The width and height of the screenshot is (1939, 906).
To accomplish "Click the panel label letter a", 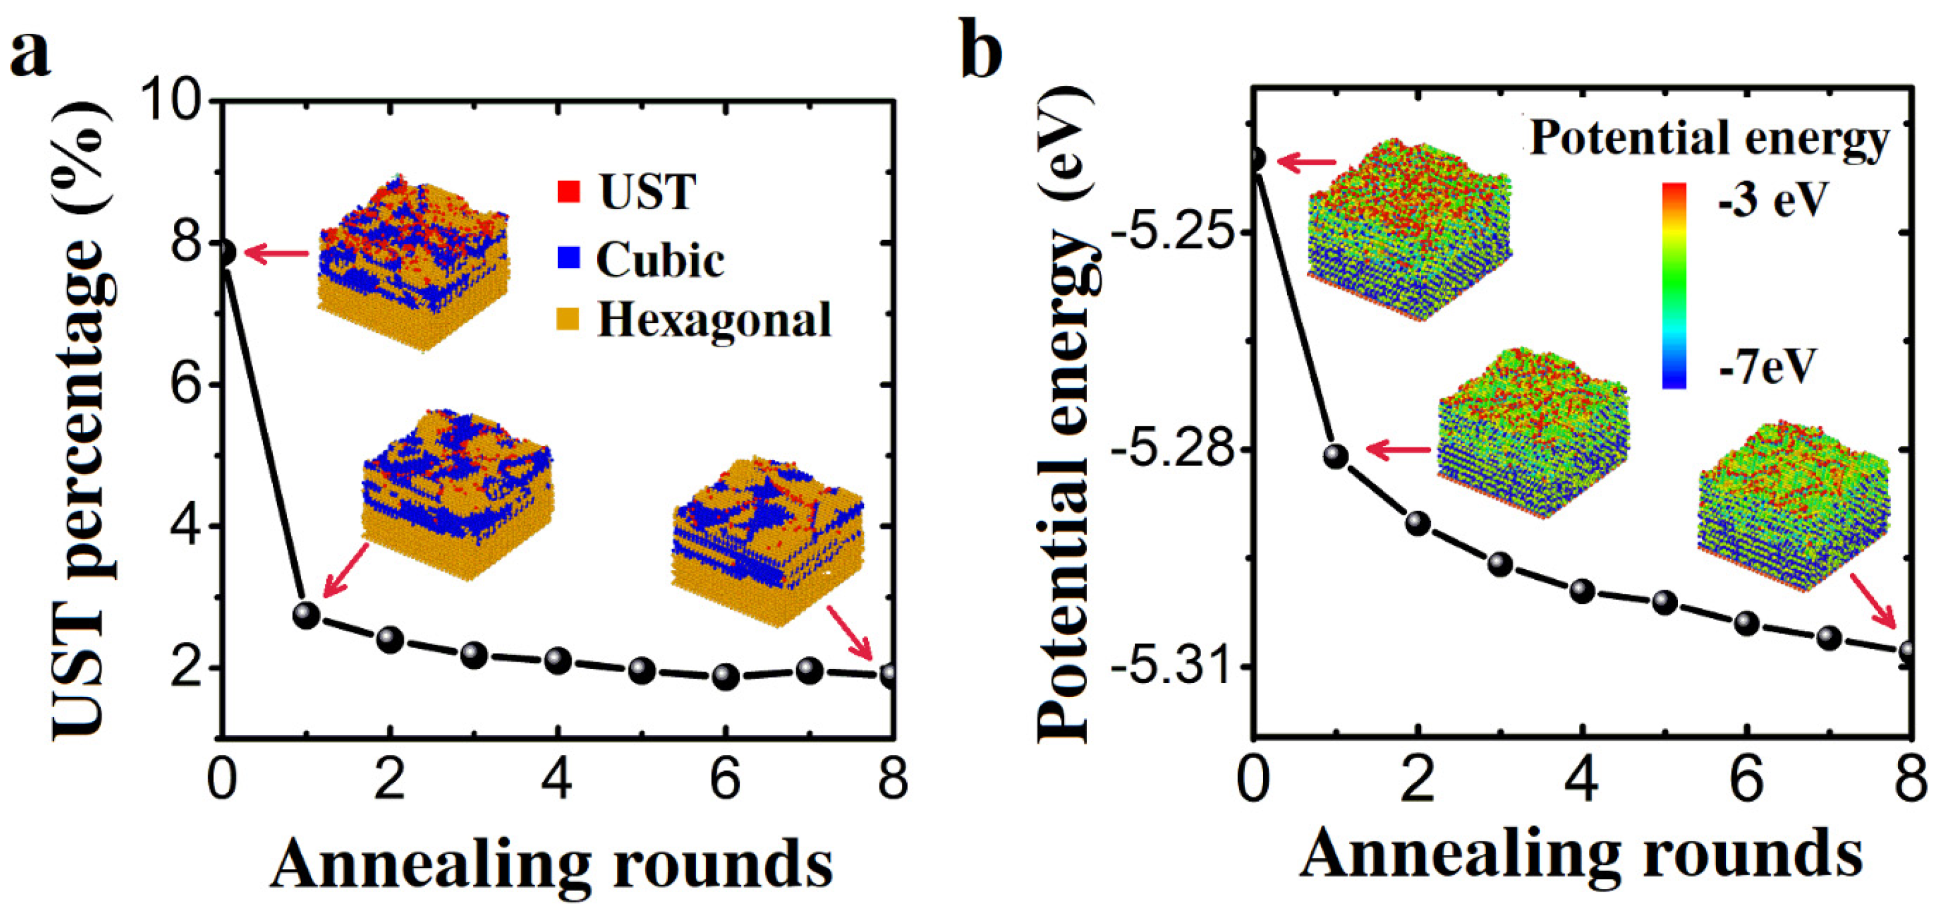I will pyautogui.click(x=30, y=54).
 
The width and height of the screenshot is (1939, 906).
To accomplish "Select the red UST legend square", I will pyautogui.click(x=568, y=192).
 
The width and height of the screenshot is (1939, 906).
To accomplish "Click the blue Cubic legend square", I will pyautogui.click(x=570, y=258).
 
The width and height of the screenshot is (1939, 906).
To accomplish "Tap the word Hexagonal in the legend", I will pyautogui.click(x=713, y=320).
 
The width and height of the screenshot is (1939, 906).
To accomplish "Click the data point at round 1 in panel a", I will pyautogui.click(x=305, y=615).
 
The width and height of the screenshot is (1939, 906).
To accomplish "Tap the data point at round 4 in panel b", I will pyautogui.click(x=1582, y=591).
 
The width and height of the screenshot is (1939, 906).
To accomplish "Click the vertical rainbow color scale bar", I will pyautogui.click(x=1674, y=286).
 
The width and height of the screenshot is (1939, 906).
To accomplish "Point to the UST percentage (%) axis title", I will pyautogui.click(x=83, y=421).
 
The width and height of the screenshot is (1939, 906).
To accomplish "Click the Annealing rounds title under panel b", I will pyautogui.click(x=1581, y=854).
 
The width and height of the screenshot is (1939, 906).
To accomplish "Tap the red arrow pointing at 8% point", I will pyautogui.click(x=277, y=254).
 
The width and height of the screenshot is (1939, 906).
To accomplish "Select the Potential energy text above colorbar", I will pyautogui.click(x=1709, y=139).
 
